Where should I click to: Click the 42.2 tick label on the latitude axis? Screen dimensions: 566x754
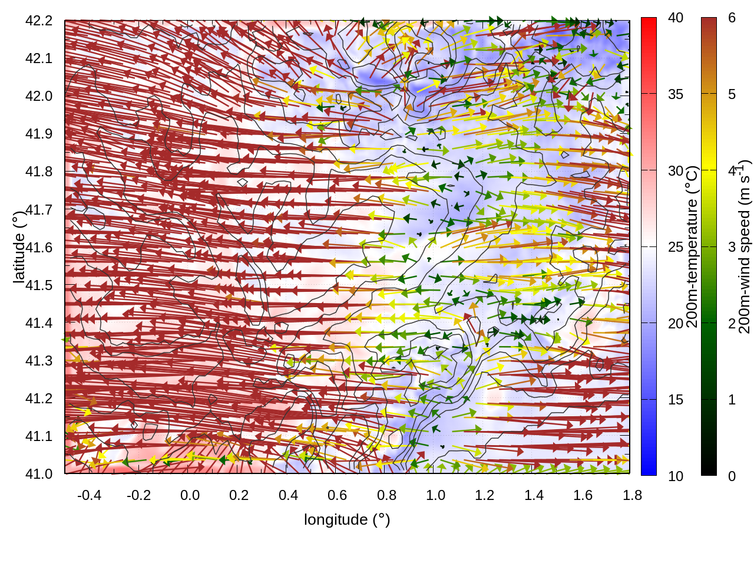pyautogui.click(x=39, y=21)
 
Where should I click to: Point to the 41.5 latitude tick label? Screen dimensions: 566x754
pyautogui.click(x=39, y=285)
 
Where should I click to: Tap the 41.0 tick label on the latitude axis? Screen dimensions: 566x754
pyautogui.click(x=39, y=474)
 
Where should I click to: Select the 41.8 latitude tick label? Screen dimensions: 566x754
pyautogui.click(x=39, y=172)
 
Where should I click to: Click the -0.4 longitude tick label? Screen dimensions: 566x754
pyautogui.click(x=89, y=495)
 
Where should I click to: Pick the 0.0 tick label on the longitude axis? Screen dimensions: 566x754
pyautogui.click(x=190, y=495)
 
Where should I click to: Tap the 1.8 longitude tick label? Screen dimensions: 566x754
pyautogui.click(x=632, y=495)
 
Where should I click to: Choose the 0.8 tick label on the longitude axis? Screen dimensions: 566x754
pyautogui.click(x=386, y=495)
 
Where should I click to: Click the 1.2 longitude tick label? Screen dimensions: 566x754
pyautogui.click(x=485, y=495)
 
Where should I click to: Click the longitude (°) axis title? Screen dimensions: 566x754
pyautogui.click(x=347, y=519)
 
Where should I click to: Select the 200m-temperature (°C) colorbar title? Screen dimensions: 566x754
pyautogui.click(x=692, y=246)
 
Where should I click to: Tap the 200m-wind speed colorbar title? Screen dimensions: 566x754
pyautogui.click(x=745, y=246)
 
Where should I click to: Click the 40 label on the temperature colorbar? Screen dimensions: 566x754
pyautogui.click(x=676, y=18)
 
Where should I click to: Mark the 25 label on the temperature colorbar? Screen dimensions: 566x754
pyautogui.click(x=676, y=247)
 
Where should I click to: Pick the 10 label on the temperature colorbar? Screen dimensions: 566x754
pyautogui.click(x=676, y=476)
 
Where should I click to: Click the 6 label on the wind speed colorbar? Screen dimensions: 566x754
pyautogui.click(x=732, y=18)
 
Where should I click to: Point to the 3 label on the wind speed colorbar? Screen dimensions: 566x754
pyautogui.click(x=732, y=247)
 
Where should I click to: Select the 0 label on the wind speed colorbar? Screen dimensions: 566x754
pyautogui.click(x=732, y=476)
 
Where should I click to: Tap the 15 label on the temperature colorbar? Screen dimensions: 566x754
pyautogui.click(x=676, y=400)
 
